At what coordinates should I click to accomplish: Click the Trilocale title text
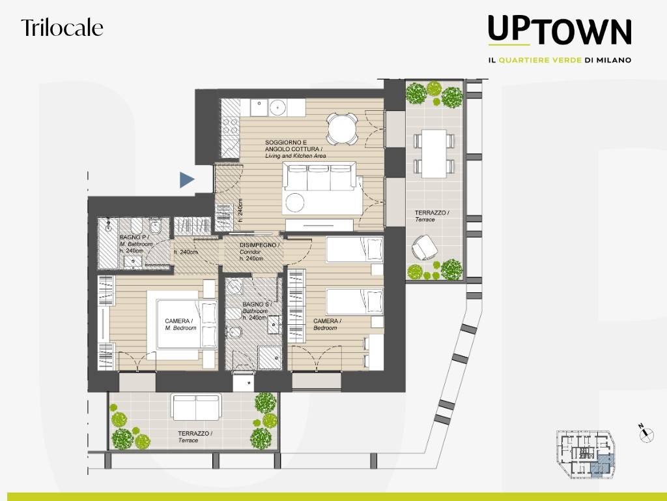point(62,27)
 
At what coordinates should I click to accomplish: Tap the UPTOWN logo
point(560,30)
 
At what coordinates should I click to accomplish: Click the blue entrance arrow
point(187,180)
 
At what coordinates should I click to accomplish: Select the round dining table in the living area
point(341,129)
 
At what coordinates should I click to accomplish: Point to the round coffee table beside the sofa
point(295,202)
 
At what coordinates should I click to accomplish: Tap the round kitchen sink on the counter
point(277,108)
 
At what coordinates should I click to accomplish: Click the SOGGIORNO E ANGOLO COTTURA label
point(295,149)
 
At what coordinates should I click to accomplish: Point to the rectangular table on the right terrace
point(434,153)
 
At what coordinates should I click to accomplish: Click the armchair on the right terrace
point(424,247)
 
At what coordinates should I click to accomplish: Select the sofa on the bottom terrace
point(195,407)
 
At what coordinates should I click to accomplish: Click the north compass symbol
point(646,433)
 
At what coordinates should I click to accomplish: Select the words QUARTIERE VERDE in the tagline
point(540,60)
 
